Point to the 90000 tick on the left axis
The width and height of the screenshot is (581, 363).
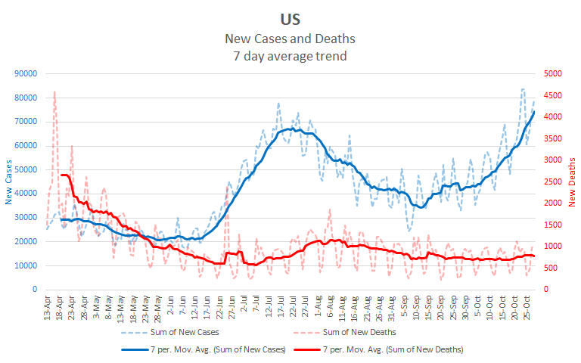26,73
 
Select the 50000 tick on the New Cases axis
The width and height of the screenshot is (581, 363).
26,169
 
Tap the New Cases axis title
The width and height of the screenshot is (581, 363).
9,182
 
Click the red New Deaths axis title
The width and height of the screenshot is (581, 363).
573,182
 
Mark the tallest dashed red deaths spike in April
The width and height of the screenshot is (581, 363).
54,92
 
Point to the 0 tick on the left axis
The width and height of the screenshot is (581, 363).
35,290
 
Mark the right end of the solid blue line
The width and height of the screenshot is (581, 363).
534,112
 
